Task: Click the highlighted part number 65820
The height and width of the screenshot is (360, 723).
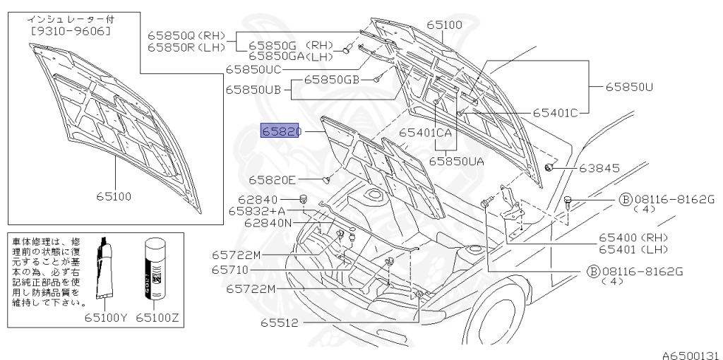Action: tap(281, 131)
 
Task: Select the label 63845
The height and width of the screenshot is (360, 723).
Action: tap(599, 168)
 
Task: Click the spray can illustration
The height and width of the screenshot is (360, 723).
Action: tap(156, 272)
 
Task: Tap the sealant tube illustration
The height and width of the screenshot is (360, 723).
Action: tap(107, 271)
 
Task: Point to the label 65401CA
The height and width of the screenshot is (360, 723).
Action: tap(426, 132)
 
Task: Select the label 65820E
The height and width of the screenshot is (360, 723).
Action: tap(273, 179)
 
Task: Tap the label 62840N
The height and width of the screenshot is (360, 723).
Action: tap(268, 223)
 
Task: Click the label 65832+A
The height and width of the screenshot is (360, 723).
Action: tap(257, 211)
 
